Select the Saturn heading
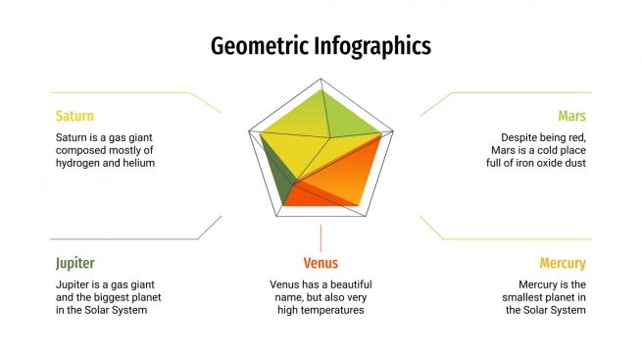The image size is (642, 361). [x=74, y=116]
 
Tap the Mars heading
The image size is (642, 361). [x=572, y=116]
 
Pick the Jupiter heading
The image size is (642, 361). [x=75, y=263]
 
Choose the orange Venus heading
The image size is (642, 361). [x=321, y=263]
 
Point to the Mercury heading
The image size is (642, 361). [x=563, y=263]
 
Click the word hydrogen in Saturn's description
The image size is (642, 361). [x=79, y=163]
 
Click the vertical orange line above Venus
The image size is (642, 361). [x=321, y=238]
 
